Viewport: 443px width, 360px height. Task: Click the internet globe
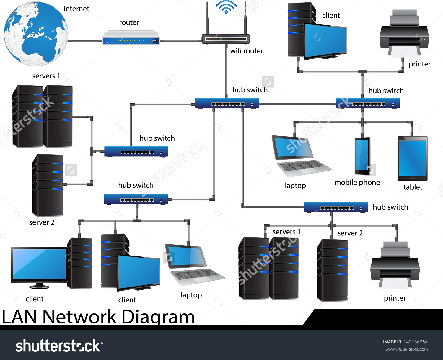[36, 34]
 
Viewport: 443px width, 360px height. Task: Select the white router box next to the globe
[131, 38]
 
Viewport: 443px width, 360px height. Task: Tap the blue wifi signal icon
[226, 7]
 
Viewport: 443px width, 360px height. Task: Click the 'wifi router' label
[247, 51]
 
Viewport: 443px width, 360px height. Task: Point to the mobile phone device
[362, 156]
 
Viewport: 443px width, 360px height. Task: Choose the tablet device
[412, 158]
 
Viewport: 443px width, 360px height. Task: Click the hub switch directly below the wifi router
[227, 104]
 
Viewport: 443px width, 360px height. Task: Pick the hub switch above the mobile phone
[368, 104]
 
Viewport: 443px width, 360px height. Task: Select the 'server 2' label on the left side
[42, 222]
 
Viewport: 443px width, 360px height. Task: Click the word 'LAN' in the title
[19, 317]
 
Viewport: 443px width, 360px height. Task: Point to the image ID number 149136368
[415, 342]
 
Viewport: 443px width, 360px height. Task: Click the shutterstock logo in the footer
[59, 346]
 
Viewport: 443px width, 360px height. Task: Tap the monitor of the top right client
[325, 41]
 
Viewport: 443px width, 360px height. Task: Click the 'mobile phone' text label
[357, 183]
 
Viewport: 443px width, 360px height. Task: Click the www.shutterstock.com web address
[406, 349]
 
